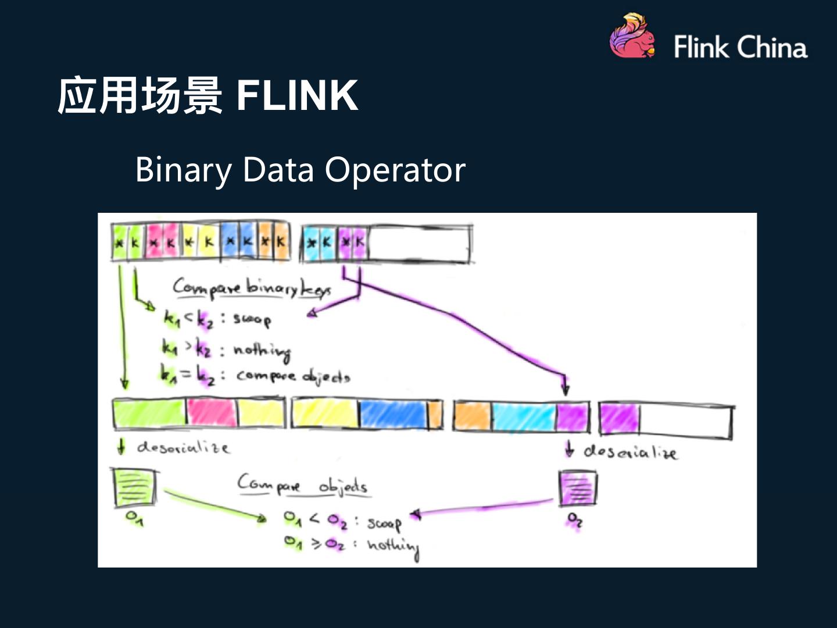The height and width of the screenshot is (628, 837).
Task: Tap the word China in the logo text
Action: click(x=772, y=47)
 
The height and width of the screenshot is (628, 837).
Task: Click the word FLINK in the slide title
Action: click(x=297, y=95)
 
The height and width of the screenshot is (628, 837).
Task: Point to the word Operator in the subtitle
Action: click(x=395, y=170)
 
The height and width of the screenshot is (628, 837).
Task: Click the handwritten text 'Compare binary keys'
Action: click(x=252, y=287)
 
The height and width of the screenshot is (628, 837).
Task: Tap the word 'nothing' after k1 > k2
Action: click(x=262, y=351)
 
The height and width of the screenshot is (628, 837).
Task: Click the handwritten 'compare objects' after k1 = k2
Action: click(x=293, y=376)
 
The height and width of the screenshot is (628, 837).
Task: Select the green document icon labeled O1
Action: click(x=135, y=487)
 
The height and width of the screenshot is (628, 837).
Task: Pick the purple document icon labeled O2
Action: click(x=578, y=488)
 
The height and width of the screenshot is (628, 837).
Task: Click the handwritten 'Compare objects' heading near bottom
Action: click(x=302, y=484)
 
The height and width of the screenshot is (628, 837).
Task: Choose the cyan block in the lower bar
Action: click(x=523, y=417)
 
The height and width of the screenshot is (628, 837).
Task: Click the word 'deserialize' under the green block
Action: click(x=183, y=447)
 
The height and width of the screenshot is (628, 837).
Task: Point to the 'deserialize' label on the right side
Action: click(x=630, y=452)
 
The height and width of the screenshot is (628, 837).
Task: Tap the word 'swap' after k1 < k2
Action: click(x=252, y=319)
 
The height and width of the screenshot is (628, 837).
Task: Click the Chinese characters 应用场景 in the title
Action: click(x=139, y=95)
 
